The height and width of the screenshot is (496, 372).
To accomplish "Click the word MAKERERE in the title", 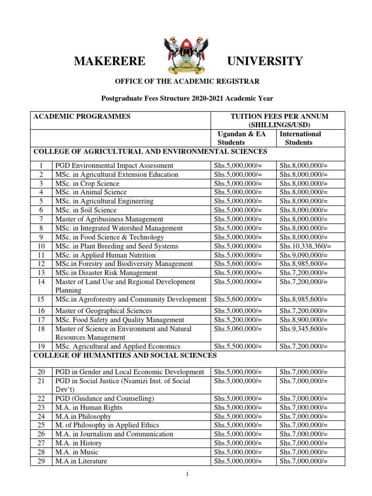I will [109, 61].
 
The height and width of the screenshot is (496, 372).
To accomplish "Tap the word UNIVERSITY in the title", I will [265, 61].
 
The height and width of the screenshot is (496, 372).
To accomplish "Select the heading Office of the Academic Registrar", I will [186, 81].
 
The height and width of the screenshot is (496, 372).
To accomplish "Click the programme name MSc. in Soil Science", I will [86, 210].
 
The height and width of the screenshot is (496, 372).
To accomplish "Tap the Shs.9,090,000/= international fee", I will [304, 255].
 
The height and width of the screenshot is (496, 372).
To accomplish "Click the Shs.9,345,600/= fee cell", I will [304, 328].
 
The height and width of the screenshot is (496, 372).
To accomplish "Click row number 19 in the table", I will [41, 346].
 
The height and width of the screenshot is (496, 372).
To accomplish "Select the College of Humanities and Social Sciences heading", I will [124, 356].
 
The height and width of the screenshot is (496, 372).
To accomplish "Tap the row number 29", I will [41, 461].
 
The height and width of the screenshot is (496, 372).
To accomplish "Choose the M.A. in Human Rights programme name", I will [89, 407].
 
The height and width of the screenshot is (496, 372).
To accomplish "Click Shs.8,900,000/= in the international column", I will [304, 320].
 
